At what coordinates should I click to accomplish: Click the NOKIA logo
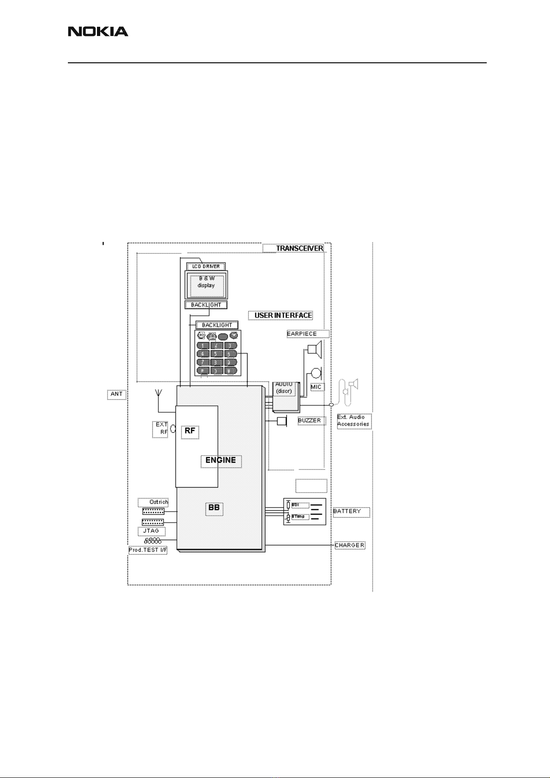coord(98,31)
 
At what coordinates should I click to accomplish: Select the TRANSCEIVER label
coord(300,248)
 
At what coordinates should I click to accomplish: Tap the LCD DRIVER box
coord(206,266)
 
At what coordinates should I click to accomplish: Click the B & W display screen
coord(206,285)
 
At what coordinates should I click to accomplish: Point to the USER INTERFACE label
coord(283,316)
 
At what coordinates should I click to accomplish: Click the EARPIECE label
coord(302,334)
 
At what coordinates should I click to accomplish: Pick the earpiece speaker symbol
coord(315,350)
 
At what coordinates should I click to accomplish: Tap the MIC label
coord(316,387)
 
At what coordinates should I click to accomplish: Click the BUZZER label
coord(309,421)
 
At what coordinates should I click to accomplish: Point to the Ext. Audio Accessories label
coord(353,421)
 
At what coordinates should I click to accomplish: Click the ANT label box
coord(116,394)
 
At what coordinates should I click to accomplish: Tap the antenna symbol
coord(158,394)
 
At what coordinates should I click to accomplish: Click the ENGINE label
coord(221,460)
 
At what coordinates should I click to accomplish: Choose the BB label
coord(214,508)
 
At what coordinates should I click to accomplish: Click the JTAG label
coord(151,531)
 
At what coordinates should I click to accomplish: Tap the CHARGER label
coord(350,545)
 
